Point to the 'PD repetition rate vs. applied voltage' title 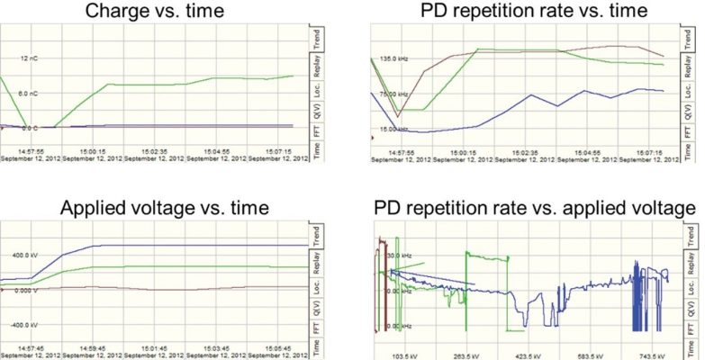tap(535, 209)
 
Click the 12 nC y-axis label tap(30, 58)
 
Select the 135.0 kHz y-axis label tap(394, 58)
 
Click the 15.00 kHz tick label tap(394, 129)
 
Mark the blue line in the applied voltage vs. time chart tap(180, 245)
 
